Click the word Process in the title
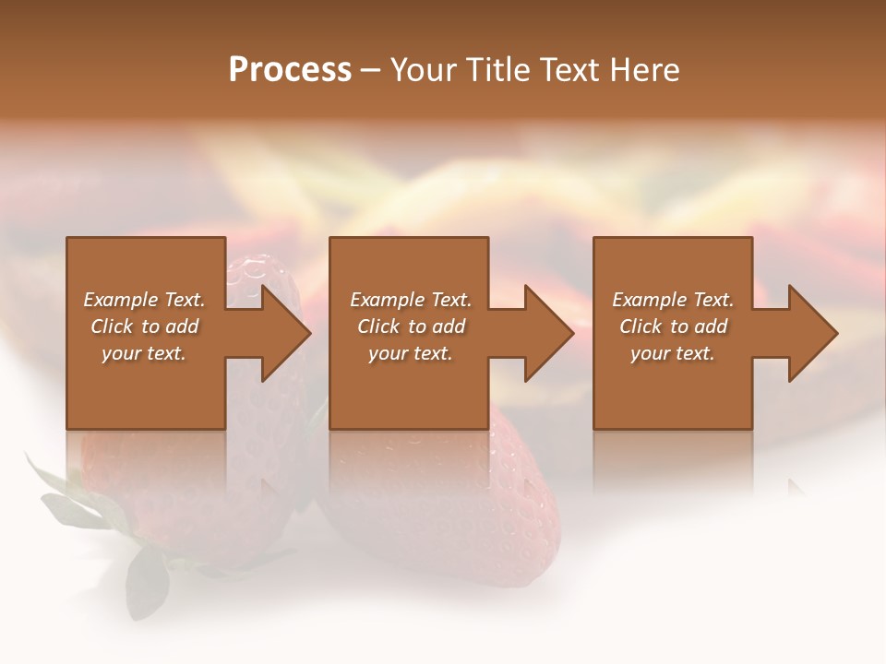(290, 70)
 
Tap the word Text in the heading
(570, 70)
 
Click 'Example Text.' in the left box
(144, 300)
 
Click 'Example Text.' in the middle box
(410, 300)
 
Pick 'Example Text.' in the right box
(673, 300)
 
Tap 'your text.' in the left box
(144, 353)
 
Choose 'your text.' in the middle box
(410, 353)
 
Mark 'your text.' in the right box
(673, 353)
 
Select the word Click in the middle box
(379, 326)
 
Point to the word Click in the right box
(641, 326)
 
